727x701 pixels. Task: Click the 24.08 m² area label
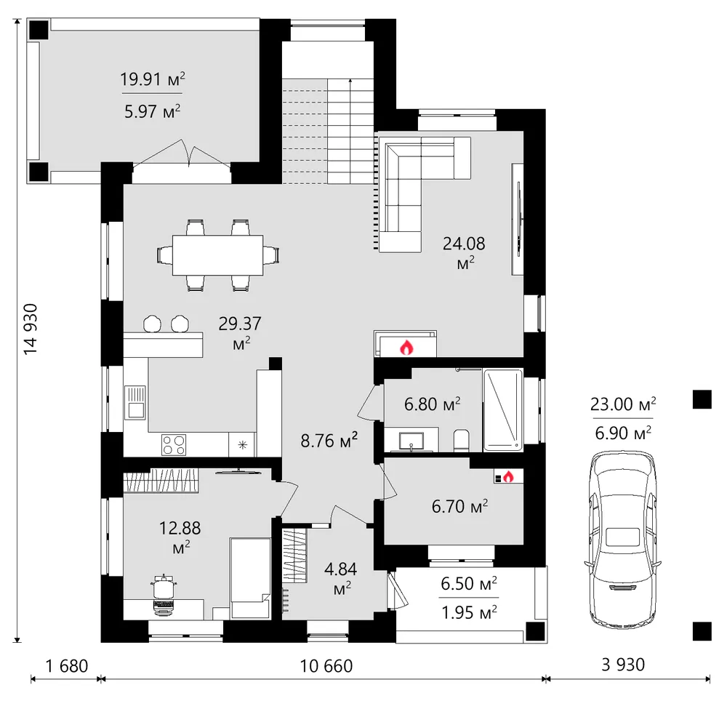(x=464, y=252)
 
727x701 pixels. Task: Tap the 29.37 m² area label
(x=240, y=332)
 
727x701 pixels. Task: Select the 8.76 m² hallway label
(x=329, y=440)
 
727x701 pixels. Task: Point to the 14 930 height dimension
(x=31, y=329)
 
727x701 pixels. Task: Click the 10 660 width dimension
(x=326, y=666)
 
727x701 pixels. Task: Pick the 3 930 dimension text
(x=623, y=665)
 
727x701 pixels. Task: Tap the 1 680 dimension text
(x=67, y=666)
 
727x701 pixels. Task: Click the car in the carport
(x=623, y=540)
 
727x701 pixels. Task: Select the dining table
(x=218, y=255)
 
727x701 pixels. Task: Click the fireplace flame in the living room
(x=406, y=347)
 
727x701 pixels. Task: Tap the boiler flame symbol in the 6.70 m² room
(x=509, y=476)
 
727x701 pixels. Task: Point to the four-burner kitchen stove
(x=174, y=444)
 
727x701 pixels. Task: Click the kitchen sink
(x=135, y=402)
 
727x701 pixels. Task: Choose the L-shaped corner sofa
(x=423, y=195)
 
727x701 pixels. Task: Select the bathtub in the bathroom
(x=503, y=410)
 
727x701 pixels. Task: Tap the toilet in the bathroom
(x=461, y=441)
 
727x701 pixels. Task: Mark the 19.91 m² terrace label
(x=153, y=79)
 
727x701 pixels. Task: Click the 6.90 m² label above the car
(x=623, y=433)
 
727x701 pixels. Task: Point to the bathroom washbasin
(x=411, y=441)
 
